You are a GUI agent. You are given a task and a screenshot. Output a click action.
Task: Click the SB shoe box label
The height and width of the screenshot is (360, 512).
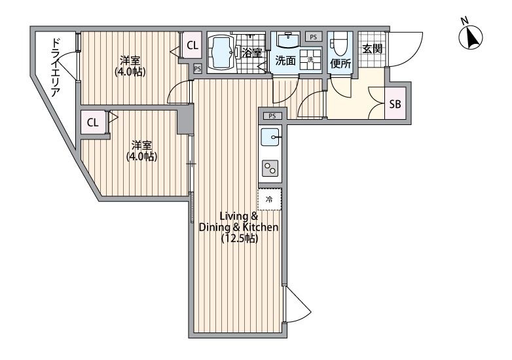coord(395,104)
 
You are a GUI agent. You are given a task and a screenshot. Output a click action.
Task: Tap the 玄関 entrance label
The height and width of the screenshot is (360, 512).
coord(373,49)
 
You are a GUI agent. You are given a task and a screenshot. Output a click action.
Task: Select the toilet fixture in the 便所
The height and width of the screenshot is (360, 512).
coord(340,45)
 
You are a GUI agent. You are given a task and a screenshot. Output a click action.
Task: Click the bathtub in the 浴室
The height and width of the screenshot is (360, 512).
coord(221,52)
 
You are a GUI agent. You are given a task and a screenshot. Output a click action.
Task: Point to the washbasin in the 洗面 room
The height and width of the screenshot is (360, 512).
coord(287,40)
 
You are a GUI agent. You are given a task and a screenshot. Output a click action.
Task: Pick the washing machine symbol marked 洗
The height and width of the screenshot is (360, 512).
coord(310,59)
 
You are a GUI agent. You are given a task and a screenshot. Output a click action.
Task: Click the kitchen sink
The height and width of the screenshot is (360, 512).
coord(270,137)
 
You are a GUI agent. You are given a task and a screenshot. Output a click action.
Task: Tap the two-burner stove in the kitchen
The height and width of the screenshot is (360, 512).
coord(270,168)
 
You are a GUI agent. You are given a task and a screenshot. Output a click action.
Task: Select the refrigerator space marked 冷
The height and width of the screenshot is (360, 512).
coord(270,200)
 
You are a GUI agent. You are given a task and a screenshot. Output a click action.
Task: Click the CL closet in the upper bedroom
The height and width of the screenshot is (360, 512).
coord(192,45)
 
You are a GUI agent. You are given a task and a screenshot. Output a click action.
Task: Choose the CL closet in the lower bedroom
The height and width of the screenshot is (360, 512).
coord(93,122)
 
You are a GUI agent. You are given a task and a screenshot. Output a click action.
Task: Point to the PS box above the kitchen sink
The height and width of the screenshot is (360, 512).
coord(272,116)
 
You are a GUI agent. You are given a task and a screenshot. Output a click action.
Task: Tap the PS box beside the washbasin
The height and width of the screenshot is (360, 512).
coord(314,37)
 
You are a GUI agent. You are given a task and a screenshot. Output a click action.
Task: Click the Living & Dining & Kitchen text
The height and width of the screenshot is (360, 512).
coord(239,222)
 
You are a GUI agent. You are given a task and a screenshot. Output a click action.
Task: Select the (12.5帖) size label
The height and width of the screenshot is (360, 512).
coord(240,239)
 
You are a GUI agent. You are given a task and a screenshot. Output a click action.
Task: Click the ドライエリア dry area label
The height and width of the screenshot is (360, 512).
coord(56,68)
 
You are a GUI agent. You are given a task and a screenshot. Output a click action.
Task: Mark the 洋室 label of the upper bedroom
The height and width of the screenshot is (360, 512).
coord(130,61)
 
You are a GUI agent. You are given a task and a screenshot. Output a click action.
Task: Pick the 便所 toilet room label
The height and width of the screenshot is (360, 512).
coord(340,63)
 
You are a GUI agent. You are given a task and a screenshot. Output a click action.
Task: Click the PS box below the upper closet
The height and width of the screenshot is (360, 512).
coord(197,69)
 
